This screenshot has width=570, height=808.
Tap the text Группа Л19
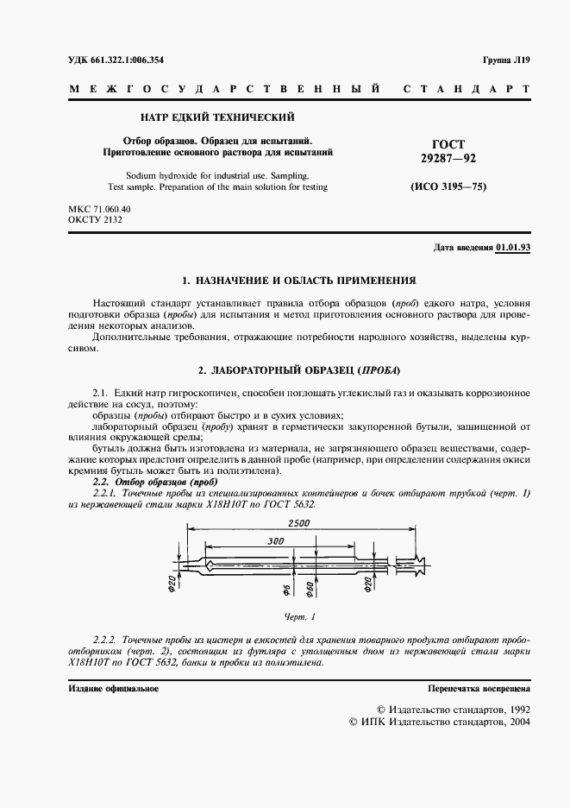point(506,60)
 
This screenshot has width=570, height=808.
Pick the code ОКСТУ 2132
point(95,221)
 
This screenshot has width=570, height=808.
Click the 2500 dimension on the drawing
point(299,525)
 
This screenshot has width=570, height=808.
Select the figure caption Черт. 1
point(300,617)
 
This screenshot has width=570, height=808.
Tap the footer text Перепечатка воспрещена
point(479,689)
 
